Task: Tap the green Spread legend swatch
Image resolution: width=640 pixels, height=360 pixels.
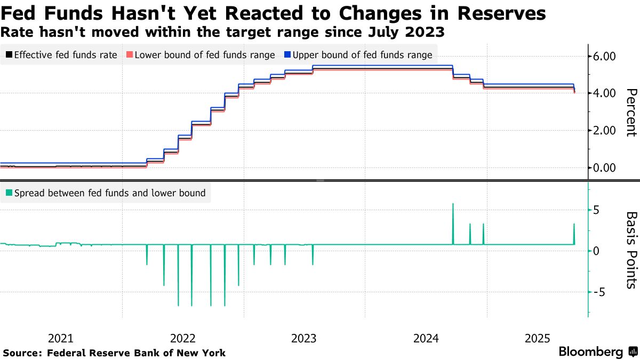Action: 9,193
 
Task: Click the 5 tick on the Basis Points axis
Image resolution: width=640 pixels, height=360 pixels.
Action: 596,210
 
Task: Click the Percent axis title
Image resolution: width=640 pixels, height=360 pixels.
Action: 630,113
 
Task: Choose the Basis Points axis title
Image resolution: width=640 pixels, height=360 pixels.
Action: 630,250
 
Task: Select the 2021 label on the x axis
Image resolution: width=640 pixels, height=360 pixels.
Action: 61,338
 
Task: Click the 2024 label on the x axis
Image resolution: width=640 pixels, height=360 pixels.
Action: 426,338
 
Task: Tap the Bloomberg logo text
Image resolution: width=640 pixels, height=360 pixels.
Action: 590,352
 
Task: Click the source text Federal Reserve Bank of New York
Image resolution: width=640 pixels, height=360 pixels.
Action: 136,353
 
